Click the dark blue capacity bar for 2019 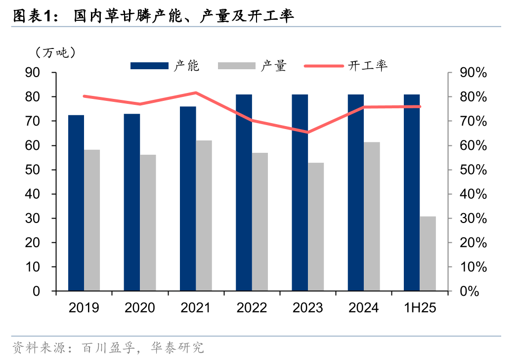pyautogui.click(x=76, y=203)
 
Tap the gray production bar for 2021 pyautogui.click(x=204, y=216)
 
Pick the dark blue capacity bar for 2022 pyautogui.click(x=244, y=192)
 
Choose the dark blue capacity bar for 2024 pyautogui.click(x=356, y=192)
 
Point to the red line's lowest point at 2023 pyautogui.click(x=308, y=132)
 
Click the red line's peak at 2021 pyautogui.click(x=196, y=93)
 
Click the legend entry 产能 pyautogui.click(x=165, y=66)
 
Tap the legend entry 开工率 pyautogui.click(x=346, y=66)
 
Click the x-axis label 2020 pyautogui.click(x=140, y=308)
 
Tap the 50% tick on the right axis pyautogui.click(x=473, y=170)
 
